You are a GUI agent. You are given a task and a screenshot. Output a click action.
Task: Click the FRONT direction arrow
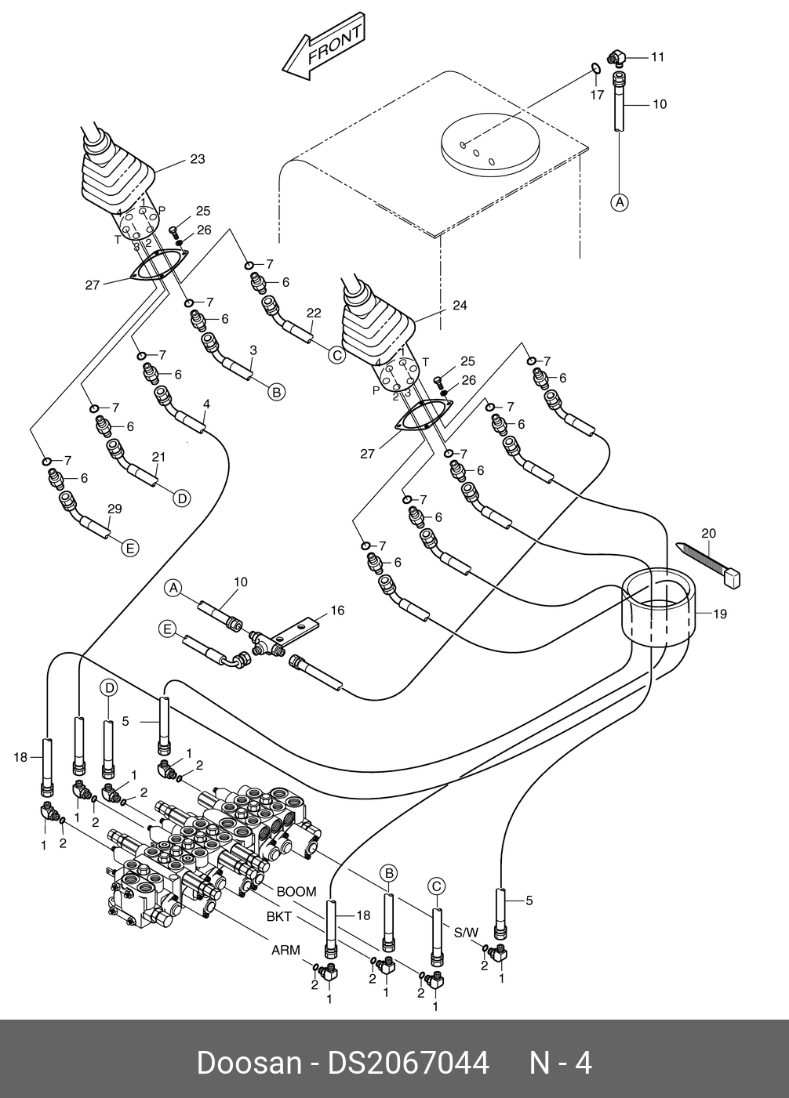324,46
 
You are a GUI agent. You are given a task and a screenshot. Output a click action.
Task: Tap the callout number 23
198,159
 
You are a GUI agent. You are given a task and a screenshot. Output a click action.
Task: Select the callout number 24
460,306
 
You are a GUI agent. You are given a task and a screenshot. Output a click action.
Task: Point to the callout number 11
657,56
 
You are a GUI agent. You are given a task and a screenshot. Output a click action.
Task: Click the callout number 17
597,95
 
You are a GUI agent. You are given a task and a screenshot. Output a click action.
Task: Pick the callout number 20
708,534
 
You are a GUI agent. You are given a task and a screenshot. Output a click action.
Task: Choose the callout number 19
720,614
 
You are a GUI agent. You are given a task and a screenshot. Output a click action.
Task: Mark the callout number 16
336,610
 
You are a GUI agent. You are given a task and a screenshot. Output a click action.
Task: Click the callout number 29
115,509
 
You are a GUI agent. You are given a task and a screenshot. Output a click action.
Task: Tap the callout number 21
158,457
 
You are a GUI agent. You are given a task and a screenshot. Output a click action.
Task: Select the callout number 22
314,313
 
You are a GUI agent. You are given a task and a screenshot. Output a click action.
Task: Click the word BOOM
296,892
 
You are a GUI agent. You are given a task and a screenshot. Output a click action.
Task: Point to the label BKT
279,916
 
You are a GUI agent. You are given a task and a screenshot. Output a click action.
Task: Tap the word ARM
285,951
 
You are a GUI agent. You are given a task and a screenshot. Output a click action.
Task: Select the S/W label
466,933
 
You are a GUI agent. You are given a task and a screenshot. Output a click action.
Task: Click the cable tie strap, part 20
710,563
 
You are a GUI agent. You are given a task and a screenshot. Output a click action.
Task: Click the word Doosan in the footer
249,1064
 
